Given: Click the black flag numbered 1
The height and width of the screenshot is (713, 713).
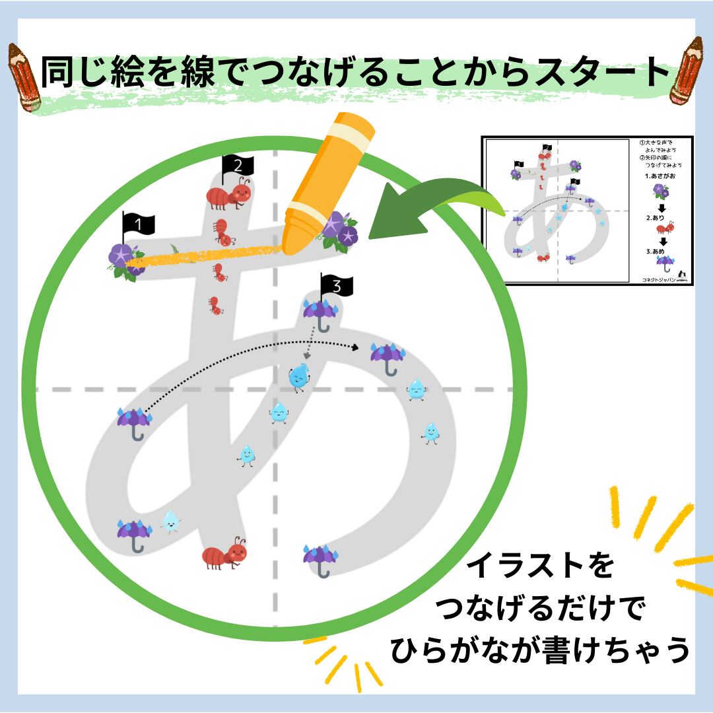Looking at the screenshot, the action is click(x=138, y=226).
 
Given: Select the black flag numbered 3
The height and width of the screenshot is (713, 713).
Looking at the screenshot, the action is click(x=336, y=287).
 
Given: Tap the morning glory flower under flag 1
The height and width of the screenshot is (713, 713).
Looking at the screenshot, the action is click(x=123, y=260).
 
